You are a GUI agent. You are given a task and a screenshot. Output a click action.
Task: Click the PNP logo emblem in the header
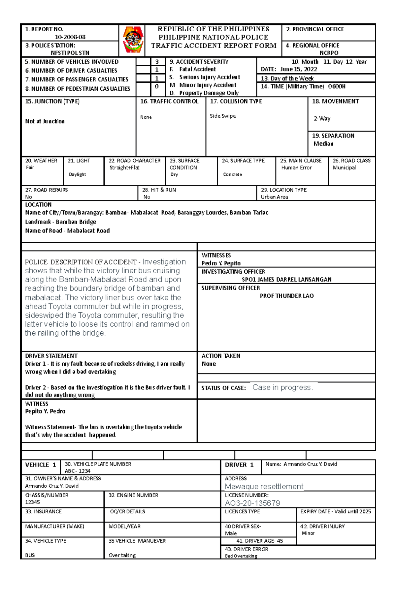pos(133,40)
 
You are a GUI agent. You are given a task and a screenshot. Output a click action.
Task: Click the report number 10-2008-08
pos(70,37)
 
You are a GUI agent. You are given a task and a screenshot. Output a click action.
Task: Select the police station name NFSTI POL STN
pos(70,53)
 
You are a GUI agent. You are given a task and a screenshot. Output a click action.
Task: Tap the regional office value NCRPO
pos(329,53)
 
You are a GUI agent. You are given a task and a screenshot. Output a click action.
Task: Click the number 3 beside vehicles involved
pos(157,62)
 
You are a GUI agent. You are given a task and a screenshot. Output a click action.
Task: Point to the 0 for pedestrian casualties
pos(157,86)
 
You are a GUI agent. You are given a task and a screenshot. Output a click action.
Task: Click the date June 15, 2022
pos(298,69)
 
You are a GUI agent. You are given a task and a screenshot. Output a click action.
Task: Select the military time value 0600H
pos(337,86)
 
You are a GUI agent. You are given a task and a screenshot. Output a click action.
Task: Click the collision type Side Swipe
pos(223,116)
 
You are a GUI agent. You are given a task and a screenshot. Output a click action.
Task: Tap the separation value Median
pos(323,144)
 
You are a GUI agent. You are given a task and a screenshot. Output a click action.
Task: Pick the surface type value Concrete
pos(232,174)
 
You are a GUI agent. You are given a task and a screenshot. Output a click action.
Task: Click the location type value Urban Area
pos(274,197)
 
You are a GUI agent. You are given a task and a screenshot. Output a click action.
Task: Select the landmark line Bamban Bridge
pos(61,222)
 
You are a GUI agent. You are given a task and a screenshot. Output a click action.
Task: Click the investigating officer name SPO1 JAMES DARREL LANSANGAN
pos(286,280)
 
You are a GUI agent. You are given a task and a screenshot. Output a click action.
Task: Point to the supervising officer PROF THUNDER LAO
pos(286,296)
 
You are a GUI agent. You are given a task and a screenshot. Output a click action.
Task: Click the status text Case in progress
pos(282,387)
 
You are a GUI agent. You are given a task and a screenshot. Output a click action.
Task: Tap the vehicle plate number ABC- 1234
pos(78,471)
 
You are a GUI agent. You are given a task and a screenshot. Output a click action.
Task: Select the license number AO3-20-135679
pos(252,503)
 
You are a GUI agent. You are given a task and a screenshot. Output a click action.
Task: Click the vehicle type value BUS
pos(30,555)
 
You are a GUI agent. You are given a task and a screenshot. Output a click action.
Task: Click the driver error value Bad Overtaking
pos(241,556)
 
